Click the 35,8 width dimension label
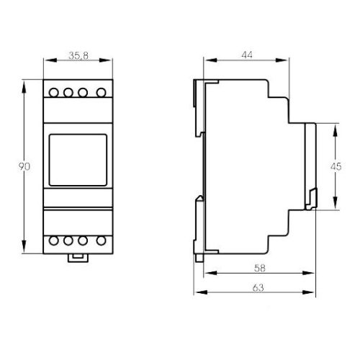[x=78, y=55]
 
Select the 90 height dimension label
[x=24, y=166]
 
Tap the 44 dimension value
[x=247, y=55]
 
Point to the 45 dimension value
[x=336, y=166]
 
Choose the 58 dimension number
[x=260, y=268]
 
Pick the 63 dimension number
[x=258, y=287]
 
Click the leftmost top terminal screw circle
[x=53, y=92]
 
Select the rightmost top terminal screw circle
[x=102, y=92]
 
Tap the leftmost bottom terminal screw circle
[x=53, y=240]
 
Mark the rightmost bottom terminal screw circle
[x=102, y=240]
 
